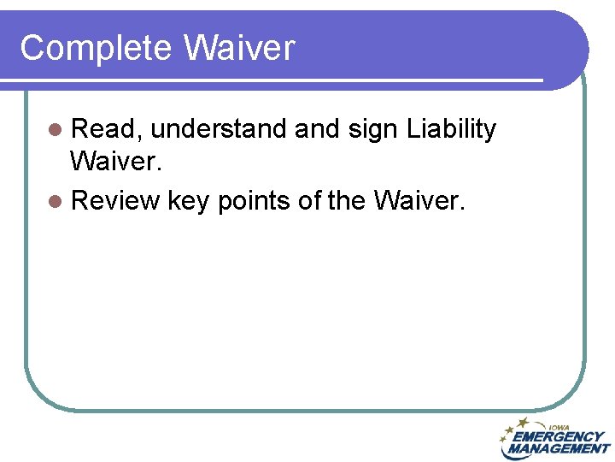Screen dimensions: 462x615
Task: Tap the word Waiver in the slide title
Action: click(x=238, y=48)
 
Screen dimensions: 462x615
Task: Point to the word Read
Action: click(x=108, y=129)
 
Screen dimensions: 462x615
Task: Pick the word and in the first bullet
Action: click(x=316, y=129)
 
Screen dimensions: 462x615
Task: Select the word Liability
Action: click(x=451, y=130)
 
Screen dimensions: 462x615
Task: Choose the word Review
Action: click(x=116, y=200)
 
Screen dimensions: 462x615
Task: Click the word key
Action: click(x=189, y=201)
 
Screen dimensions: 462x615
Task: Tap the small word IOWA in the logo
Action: click(x=559, y=427)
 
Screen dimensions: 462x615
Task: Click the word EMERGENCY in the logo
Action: click(x=559, y=436)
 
